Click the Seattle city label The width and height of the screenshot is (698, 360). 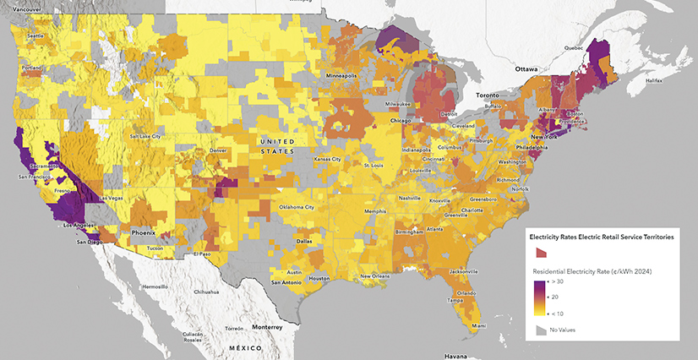[x=35, y=36]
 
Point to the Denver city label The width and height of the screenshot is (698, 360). [x=218, y=150]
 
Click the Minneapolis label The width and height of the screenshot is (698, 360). [x=335, y=76]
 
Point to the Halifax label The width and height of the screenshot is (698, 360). [x=653, y=81]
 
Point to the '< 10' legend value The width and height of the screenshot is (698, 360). [x=559, y=314]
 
